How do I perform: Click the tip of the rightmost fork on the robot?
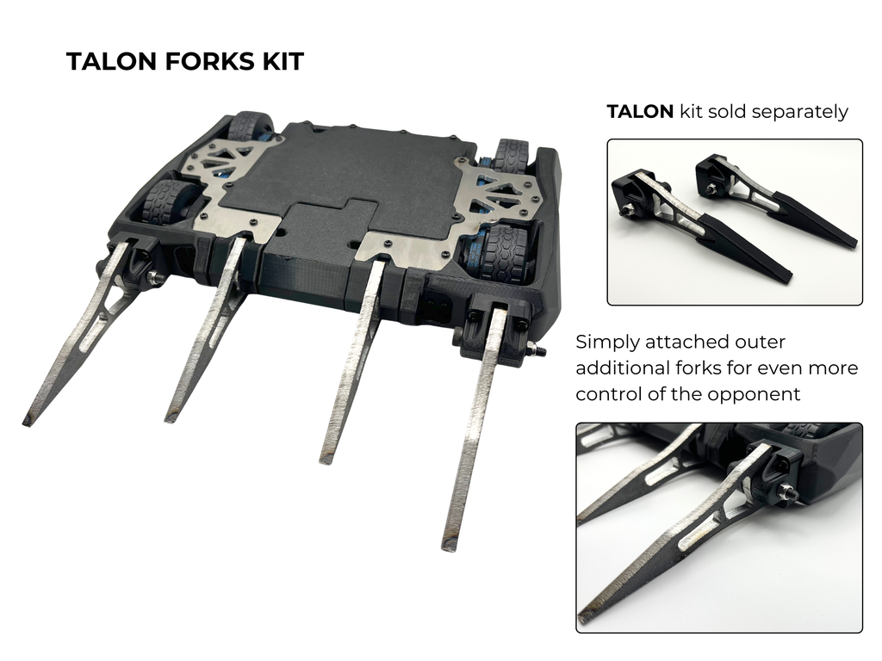[x=448, y=546]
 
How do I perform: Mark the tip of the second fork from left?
[x=170, y=417]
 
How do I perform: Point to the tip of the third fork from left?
[x=325, y=459]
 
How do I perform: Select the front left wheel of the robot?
[x=169, y=200]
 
